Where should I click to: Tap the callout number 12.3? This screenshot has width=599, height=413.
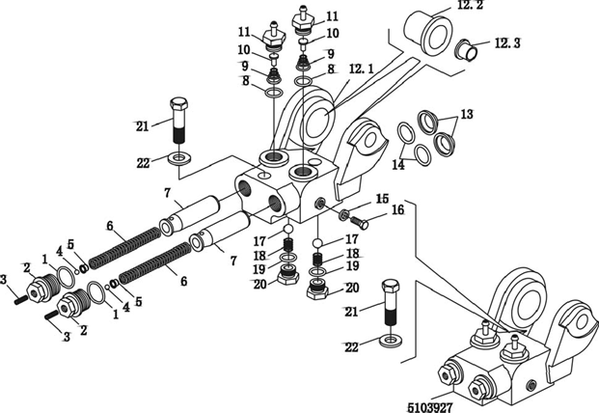(x=508, y=42)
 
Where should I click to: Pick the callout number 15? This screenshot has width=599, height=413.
(x=383, y=198)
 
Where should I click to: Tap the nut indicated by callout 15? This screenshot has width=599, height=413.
(x=342, y=214)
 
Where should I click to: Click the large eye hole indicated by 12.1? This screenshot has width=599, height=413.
(x=317, y=123)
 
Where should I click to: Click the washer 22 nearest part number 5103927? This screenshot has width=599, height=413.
(x=391, y=341)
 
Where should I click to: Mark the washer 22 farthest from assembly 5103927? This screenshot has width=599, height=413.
(x=179, y=156)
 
